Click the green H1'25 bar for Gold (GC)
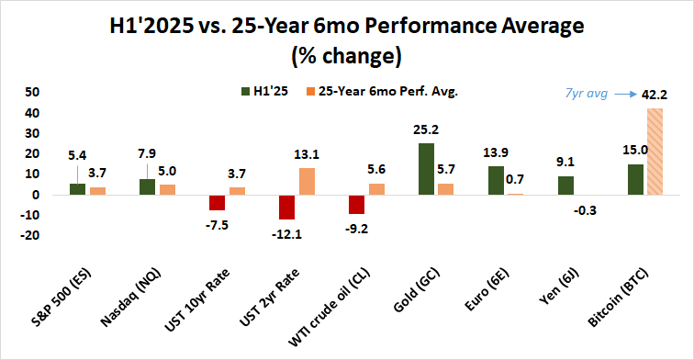pos(426,169)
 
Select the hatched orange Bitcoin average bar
pos(655,152)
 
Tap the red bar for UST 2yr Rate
pos(287,207)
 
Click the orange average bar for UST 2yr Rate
pos(308,181)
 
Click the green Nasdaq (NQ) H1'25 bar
pos(148,186)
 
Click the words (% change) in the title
pos(346,56)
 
